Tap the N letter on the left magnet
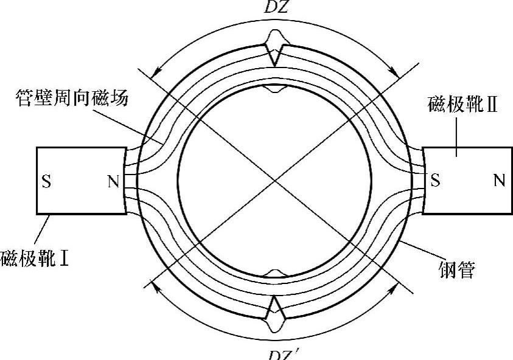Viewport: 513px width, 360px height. point(113,181)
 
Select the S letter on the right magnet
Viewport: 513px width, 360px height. point(434,181)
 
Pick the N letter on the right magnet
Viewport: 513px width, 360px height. point(499,181)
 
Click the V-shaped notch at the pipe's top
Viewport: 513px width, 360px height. point(275,56)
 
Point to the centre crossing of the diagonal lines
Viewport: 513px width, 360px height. point(276,181)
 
